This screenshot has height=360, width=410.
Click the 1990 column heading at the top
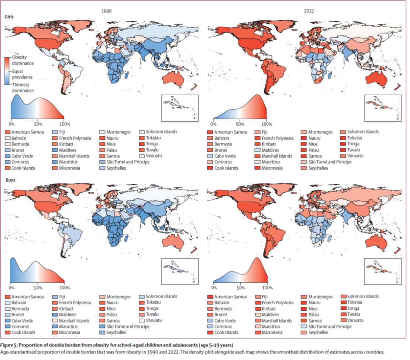pyautogui.click(x=107, y=11)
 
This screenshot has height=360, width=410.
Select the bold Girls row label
pyautogui.click(x=10, y=17)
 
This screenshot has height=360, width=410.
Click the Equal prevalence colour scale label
pyautogui.click(x=22, y=74)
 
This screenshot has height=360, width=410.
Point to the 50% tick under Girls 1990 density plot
pyautogui.click(x=37, y=123)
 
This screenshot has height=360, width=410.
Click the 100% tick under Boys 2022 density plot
pyautogui.click(x=266, y=288)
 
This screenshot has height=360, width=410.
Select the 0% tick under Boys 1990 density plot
pyautogui.click(x=11, y=288)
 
